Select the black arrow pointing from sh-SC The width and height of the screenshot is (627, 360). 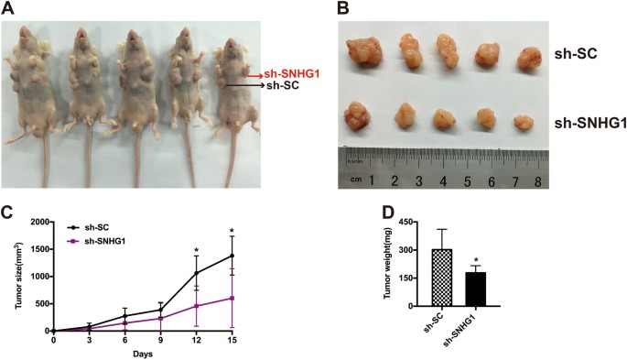[x=240, y=85]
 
